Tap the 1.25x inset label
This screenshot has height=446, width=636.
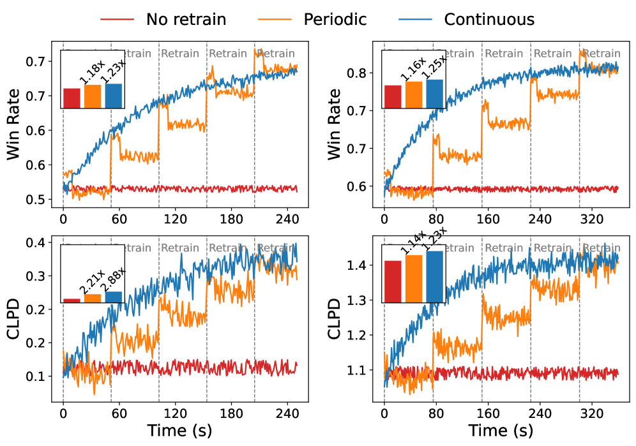(x=435, y=68)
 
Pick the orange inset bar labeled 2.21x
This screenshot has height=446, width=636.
(x=93, y=298)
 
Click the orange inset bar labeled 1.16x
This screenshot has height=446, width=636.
(x=414, y=95)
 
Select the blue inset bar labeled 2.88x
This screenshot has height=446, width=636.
(x=114, y=297)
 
